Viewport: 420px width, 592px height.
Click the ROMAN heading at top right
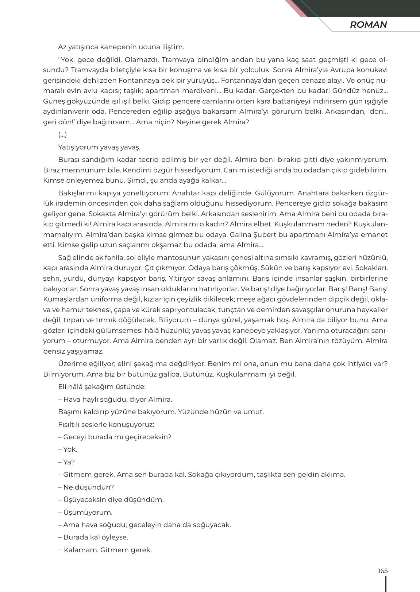pos(368,25)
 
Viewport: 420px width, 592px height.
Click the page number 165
pos(382,571)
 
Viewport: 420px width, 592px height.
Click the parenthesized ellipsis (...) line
pos(62,135)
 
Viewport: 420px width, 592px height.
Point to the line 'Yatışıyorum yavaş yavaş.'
pos(99,147)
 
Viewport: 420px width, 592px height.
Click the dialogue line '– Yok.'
pos(68,449)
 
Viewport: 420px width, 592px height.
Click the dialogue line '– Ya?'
pos(66,462)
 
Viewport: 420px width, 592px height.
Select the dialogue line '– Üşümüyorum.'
pos(85,513)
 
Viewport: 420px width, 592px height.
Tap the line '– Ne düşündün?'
pos(86,487)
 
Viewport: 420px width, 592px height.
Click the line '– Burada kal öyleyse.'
pos(93,537)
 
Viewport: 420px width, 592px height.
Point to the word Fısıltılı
pos(70,425)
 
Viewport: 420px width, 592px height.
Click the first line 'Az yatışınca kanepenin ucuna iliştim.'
pos(121,47)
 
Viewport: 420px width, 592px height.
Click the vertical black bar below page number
pos(386,583)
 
